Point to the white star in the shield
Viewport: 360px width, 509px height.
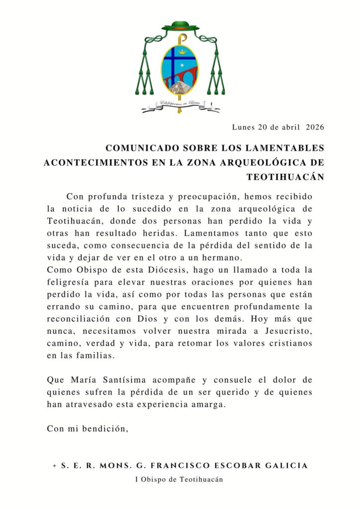click(x=188, y=66)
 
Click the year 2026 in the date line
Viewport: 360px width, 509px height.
click(x=315, y=127)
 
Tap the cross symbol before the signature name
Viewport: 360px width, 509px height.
click(x=54, y=466)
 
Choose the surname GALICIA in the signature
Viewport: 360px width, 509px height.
click(x=290, y=466)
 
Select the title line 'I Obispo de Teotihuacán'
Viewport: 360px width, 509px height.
click(x=180, y=480)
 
